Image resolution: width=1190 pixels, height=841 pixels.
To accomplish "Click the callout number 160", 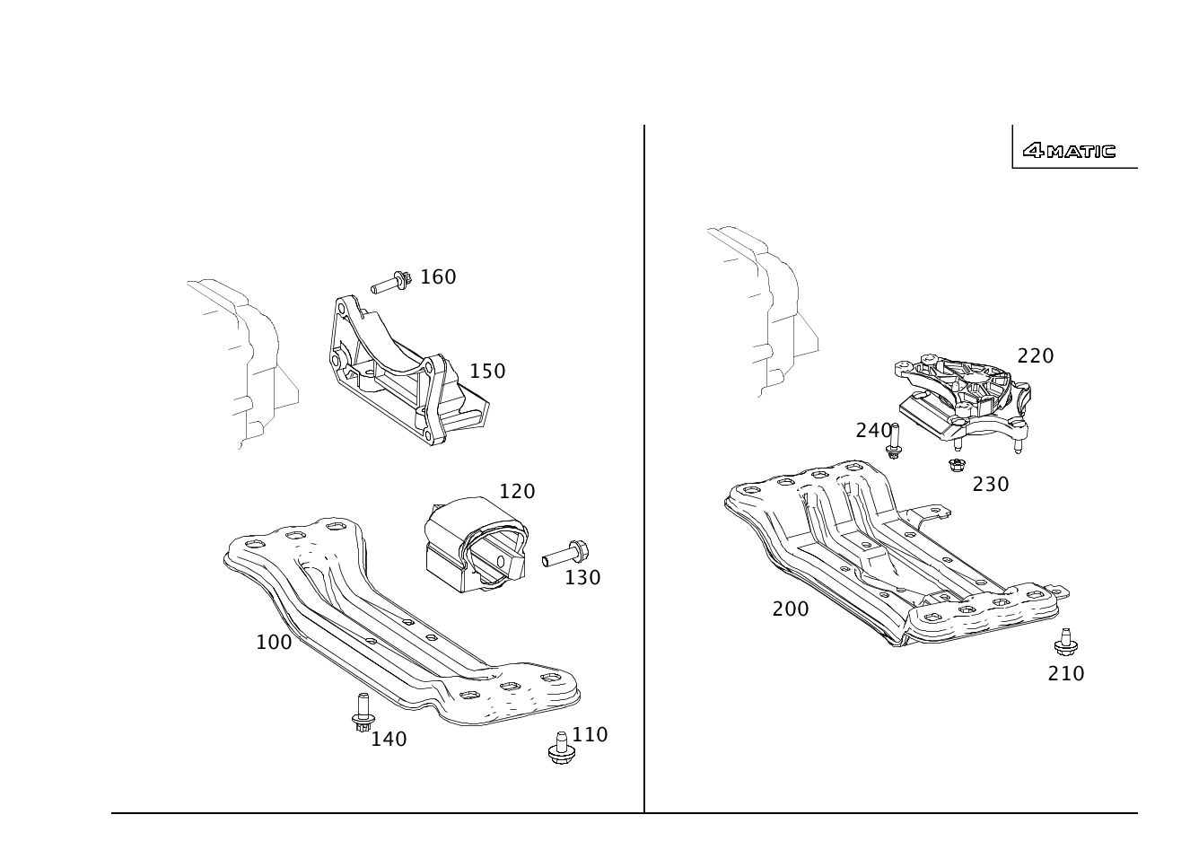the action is click(438, 276).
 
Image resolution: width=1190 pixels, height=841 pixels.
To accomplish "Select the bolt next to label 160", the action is click(391, 282).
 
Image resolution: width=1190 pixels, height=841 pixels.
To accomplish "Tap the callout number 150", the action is click(487, 372).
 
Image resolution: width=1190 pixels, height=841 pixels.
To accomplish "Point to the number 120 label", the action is click(517, 492).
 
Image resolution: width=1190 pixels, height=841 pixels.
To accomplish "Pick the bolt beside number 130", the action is click(565, 553).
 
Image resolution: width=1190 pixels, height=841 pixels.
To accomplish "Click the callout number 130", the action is click(582, 578).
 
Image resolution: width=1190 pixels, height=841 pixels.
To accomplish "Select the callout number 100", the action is click(274, 643).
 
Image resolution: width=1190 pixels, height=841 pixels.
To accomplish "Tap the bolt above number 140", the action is click(363, 713).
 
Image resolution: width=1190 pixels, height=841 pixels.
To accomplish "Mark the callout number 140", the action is click(389, 739).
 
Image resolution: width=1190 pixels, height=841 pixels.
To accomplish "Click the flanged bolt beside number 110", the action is click(562, 748).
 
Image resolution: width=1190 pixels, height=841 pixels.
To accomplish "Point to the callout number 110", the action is click(590, 735).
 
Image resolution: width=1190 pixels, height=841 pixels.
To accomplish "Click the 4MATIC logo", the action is click(1069, 152).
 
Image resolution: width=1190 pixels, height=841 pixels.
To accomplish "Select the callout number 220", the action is click(1036, 356).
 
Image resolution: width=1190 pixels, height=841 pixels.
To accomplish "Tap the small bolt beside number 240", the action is click(894, 442).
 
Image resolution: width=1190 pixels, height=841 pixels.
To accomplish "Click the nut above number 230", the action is click(957, 465).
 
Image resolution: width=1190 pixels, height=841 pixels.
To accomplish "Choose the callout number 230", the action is click(991, 485).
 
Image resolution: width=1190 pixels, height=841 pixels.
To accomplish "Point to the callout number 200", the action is click(791, 609).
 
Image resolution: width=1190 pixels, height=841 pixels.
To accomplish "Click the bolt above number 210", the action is click(1065, 643).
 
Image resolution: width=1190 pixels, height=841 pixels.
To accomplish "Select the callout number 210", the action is click(1065, 674).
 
